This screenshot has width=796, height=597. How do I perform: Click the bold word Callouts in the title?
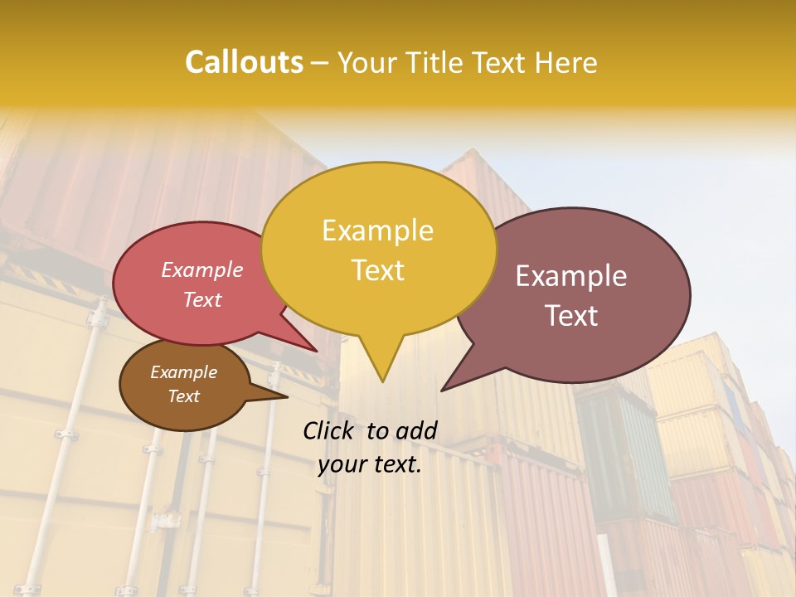(x=244, y=62)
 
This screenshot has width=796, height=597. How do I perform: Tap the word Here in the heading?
(x=568, y=62)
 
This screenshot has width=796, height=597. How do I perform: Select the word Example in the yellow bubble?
(x=377, y=231)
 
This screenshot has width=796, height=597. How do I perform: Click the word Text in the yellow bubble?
(x=377, y=269)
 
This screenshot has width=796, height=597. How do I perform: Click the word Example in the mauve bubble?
(x=571, y=276)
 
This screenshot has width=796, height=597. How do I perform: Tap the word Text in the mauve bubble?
(x=571, y=315)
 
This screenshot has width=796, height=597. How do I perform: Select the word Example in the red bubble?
(x=201, y=269)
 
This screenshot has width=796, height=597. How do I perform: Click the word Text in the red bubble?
(x=201, y=299)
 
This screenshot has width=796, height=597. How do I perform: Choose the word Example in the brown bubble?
(x=183, y=372)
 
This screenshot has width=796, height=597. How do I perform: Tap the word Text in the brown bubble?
(x=183, y=396)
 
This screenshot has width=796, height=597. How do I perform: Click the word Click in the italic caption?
(x=330, y=430)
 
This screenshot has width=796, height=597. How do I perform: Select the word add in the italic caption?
(x=416, y=430)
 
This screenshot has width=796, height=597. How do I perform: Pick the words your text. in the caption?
(x=369, y=464)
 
